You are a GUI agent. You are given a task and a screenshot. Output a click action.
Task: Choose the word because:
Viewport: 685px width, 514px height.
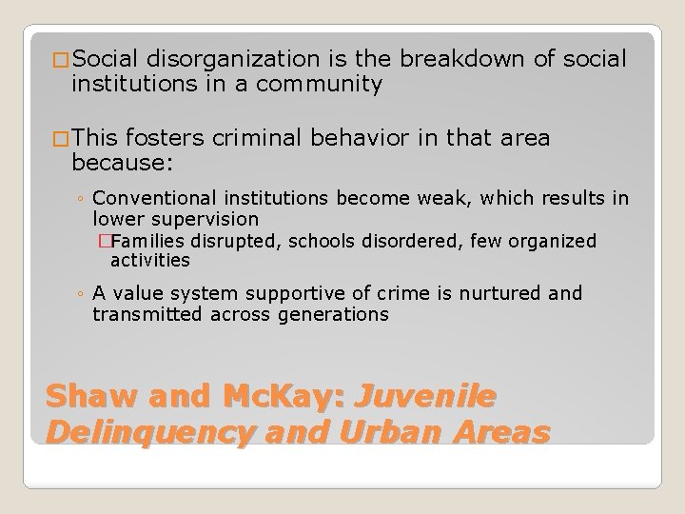122,163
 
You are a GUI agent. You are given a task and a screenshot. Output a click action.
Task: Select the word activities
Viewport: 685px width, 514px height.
150,260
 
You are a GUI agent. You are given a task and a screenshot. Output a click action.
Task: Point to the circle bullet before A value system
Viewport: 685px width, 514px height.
84,294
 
